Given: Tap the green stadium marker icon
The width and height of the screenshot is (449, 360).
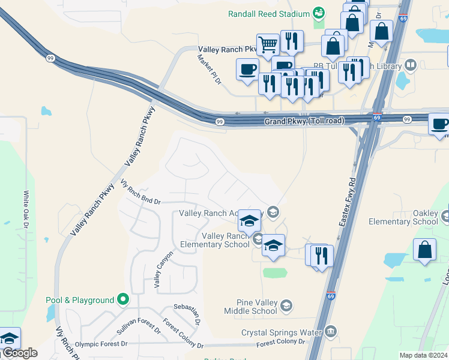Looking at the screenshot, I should [x=319, y=13].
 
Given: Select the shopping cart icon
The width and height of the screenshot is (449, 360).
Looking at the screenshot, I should [x=268, y=44].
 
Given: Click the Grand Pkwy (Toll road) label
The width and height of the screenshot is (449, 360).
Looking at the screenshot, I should [x=304, y=121].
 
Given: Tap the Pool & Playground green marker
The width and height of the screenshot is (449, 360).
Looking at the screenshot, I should [x=123, y=299].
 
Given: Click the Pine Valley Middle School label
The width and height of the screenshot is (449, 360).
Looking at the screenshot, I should [x=250, y=307].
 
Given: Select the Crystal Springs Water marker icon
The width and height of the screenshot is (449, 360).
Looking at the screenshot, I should [x=331, y=332].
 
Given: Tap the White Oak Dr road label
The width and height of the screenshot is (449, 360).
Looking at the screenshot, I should [x=26, y=209].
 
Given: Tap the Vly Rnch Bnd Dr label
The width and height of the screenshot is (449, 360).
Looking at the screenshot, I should [x=140, y=193].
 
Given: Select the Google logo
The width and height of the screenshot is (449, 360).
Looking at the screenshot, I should [x=19, y=353].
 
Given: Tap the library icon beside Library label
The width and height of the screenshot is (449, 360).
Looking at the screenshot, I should [x=411, y=64].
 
